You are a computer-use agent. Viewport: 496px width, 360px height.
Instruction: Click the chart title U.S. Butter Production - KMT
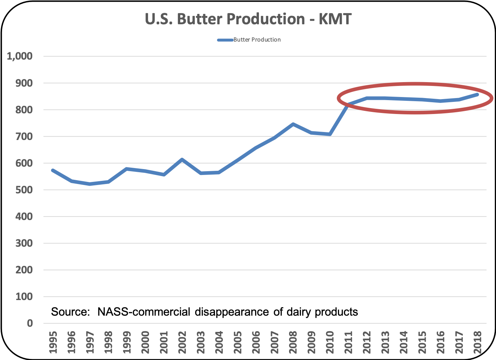pos(248,19)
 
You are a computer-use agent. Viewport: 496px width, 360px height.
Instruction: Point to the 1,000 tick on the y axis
pos(20,56)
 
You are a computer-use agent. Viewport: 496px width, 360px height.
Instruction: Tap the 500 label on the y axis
pos(24,190)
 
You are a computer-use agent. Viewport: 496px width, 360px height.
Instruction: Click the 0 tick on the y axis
pos(30,323)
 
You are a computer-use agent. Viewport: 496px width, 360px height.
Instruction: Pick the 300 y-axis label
pos(24,243)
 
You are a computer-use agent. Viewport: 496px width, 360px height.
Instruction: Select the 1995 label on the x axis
pos(53,342)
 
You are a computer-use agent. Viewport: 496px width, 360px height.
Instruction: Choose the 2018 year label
pos(478,342)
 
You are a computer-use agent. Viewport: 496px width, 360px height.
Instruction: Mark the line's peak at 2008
pos(293,124)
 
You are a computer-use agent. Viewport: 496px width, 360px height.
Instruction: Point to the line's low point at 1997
pos(90,184)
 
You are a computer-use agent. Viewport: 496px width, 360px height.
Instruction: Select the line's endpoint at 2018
pos(477,94)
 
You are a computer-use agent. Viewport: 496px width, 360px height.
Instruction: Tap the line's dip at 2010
pos(330,134)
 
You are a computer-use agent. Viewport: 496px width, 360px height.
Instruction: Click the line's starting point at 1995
pos(53,170)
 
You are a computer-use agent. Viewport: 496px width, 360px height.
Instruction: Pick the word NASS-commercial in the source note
pos(144,312)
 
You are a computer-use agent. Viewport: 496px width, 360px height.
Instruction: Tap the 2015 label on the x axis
pos(422,342)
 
